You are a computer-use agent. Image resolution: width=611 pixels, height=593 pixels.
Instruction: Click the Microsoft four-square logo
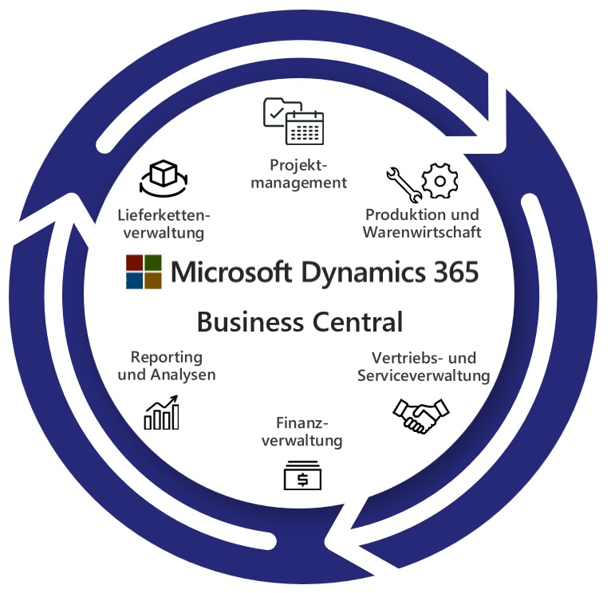click(x=144, y=272)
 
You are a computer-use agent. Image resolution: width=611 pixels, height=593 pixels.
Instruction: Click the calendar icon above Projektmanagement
click(x=305, y=127)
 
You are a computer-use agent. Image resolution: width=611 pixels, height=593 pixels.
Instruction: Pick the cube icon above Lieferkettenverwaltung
click(x=162, y=178)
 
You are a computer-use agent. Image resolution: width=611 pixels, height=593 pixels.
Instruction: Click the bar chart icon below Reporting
click(x=162, y=414)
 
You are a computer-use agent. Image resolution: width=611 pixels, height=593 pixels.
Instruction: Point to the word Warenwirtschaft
click(x=422, y=233)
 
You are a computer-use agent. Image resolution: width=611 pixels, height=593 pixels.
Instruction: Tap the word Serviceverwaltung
click(x=424, y=375)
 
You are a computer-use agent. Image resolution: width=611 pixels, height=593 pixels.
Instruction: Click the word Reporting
click(x=167, y=356)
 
